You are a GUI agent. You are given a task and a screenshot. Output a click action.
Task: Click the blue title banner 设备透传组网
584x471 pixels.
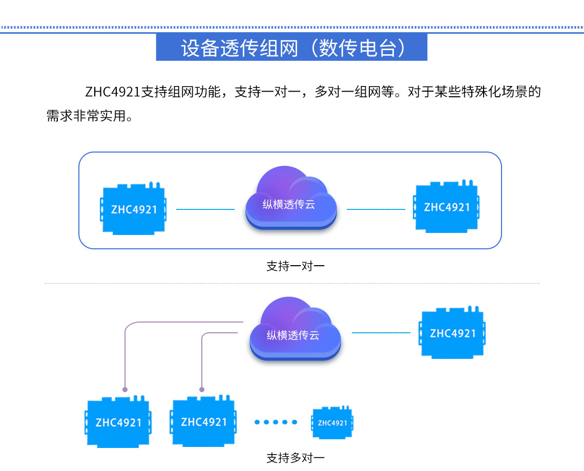[291, 48]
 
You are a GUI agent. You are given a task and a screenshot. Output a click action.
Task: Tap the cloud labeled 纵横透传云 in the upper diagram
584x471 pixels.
[290, 200]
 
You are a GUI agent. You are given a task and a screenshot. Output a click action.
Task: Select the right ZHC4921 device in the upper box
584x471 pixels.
[447, 207]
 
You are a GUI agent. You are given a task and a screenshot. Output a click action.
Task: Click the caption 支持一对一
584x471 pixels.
[295, 266]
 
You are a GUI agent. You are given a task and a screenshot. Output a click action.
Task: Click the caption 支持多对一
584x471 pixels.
[295, 458]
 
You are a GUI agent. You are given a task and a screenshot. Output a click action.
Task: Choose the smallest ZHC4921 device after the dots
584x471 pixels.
[332, 423]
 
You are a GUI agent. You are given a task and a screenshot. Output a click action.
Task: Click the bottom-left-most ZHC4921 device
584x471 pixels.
[118, 422]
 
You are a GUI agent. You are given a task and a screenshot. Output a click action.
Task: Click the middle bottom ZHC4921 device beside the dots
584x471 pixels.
[203, 422]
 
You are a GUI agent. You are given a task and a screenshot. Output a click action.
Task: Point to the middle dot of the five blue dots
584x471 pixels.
[276, 422]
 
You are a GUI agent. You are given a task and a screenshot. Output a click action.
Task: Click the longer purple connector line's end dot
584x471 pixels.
[125, 390]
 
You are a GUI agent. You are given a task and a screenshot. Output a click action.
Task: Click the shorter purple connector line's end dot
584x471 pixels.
[202, 390]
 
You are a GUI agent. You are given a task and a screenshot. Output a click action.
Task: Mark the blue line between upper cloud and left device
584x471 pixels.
[205, 209]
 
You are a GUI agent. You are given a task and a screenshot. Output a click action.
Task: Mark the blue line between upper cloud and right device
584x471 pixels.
[376, 209]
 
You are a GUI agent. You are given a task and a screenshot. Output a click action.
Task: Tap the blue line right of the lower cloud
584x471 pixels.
[381, 333]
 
